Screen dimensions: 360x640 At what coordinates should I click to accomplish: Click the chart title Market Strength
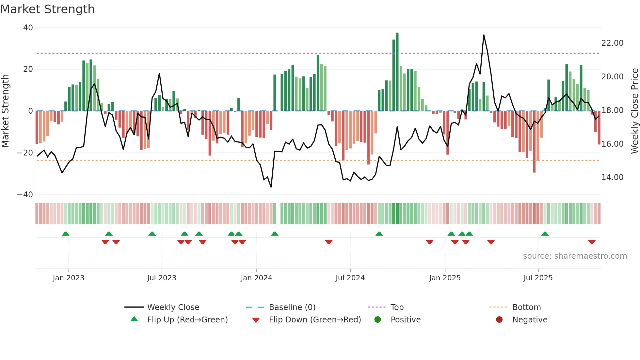point(47,9)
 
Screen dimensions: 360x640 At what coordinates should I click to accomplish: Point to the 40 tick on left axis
point(28,28)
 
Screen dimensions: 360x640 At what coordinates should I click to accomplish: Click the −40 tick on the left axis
point(25,195)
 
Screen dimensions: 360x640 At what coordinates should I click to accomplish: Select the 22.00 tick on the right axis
point(612,43)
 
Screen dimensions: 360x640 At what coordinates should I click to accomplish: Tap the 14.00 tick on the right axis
point(612,177)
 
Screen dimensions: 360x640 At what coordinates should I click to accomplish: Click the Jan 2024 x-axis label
point(256,278)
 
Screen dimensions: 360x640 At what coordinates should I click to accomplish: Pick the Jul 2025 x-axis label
point(538,278)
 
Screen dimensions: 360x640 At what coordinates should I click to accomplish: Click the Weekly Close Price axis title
point(634,111)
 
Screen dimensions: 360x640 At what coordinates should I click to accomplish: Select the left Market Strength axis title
point(6,111)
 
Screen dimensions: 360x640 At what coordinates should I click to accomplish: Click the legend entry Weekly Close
point(173,307)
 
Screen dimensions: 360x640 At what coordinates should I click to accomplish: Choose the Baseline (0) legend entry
point(292,307)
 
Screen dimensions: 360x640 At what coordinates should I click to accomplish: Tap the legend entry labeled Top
point(397,307)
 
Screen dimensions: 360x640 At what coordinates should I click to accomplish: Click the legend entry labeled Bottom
point(526,307)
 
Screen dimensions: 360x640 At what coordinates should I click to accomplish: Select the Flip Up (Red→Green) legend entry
point(187,320)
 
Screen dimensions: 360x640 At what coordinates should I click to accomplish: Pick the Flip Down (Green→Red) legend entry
point(315,320)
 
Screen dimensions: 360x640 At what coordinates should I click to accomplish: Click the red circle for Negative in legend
point(499,320)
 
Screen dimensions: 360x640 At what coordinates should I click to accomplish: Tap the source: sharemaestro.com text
point(575,256)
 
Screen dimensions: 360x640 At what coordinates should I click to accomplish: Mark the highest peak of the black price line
point(484,35)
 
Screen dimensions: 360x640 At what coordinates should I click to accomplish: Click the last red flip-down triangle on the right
point(592,242)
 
